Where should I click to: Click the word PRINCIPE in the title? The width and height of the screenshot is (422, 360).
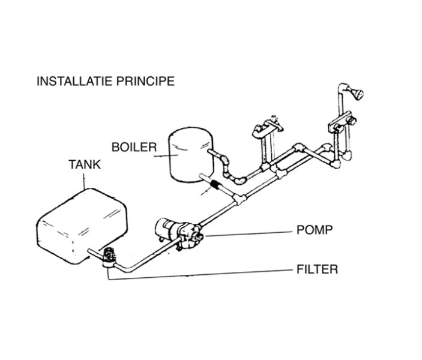[x=148, y=81]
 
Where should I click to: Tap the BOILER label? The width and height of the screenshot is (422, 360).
[x=134, y=147]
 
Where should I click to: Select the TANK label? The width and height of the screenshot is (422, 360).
[x=85, y=165]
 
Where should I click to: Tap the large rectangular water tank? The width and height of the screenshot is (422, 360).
[x=83, y=222]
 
